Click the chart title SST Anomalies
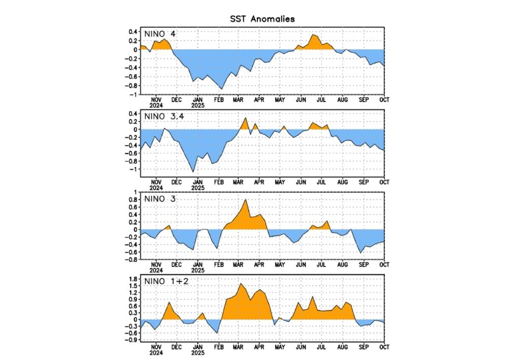click(262, 19)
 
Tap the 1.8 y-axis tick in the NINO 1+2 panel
click(132, 279)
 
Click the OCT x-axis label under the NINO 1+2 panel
click(384, 347)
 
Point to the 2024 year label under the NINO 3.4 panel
click(156, 187)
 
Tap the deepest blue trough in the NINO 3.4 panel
click(193, 172)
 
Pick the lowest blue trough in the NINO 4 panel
click(221, 89)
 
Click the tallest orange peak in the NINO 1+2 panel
click(240, 283)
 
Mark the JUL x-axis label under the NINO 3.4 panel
click(322, 181)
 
